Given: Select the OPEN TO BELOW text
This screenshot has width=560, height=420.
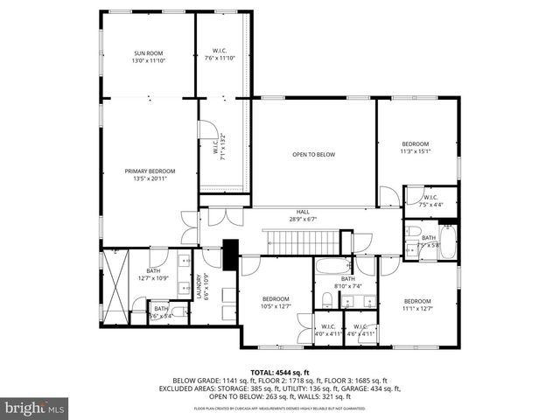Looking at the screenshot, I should [x=313, y=155].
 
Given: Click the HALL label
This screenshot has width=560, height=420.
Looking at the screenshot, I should [x=303, y=212].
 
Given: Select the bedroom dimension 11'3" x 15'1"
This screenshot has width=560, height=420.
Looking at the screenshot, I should [x=416, y=150].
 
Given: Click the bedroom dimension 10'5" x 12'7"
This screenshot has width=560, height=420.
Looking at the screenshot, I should [x=276, y=306].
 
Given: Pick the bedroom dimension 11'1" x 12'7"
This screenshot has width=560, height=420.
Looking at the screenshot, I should [x=416, y=307].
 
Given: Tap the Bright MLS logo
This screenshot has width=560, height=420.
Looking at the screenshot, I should [x=34, y=408].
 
